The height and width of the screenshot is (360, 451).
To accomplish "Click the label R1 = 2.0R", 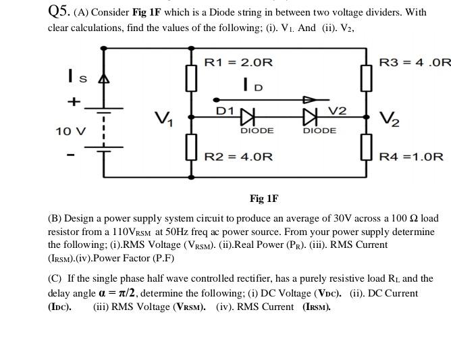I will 238,63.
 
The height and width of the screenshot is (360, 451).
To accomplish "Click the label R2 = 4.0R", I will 238,157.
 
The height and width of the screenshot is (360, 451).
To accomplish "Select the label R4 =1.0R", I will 411,157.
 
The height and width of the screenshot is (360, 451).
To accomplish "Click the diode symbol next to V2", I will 311,117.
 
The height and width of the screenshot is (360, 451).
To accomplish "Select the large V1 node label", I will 162,120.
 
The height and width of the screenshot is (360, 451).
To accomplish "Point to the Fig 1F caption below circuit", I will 263,199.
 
